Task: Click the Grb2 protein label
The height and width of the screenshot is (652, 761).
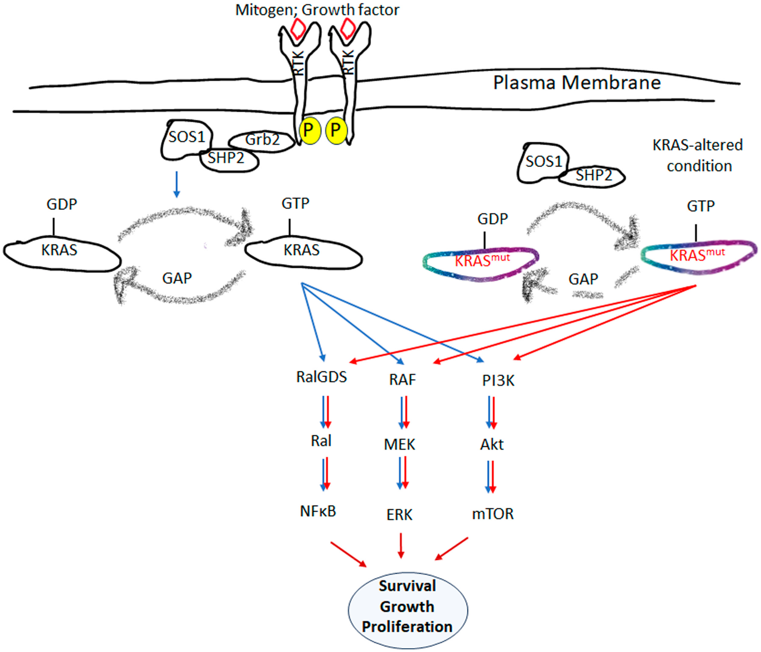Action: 262,140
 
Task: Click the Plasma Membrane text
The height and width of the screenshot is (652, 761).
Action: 577,83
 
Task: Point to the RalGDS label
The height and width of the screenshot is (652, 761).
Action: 321,377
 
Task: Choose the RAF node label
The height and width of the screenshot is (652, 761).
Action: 403,379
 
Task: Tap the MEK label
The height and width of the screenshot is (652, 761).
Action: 400,445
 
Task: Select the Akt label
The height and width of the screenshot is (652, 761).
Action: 492,445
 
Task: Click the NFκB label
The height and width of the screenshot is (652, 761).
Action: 318,511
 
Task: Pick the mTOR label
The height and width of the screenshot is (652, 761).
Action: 493,514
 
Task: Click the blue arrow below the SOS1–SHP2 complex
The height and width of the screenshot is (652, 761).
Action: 177,185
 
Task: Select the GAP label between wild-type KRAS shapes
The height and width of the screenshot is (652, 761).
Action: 177,278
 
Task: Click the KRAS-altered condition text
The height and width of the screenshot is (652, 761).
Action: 698,155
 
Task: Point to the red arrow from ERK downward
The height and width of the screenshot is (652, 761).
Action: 401,545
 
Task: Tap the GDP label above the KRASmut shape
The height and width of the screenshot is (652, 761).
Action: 492,219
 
